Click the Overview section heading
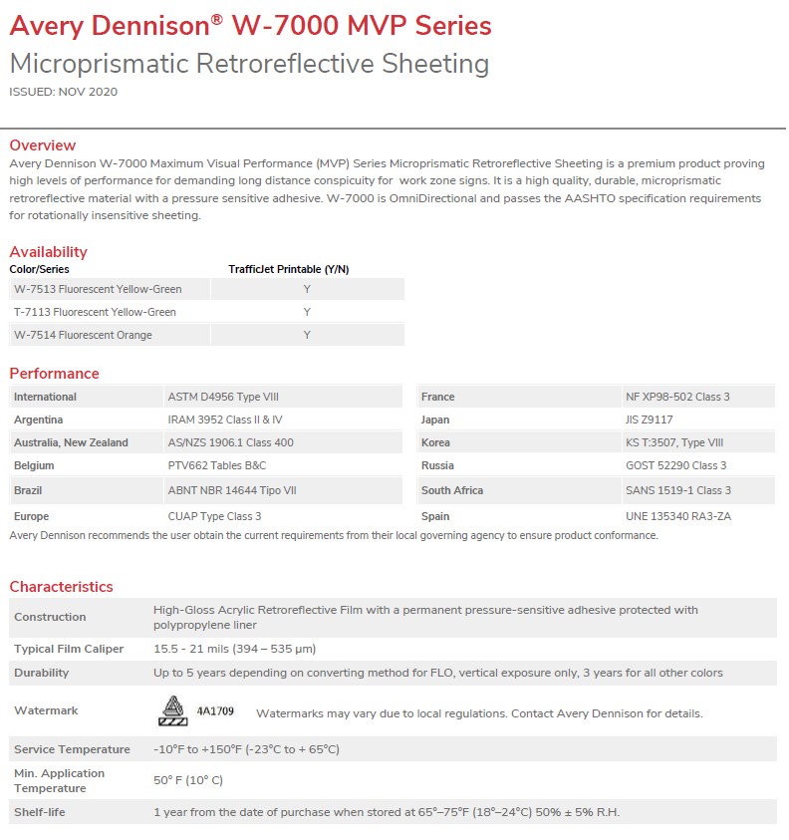(x=42, y=145)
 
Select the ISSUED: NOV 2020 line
(x=63, y=92)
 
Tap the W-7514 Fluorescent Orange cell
(x=83, y=335)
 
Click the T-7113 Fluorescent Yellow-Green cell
(x=95, y=312)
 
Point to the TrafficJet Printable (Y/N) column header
(x=289, y=269)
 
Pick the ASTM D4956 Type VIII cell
(x=223, y=397)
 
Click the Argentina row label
(x=38, y=420)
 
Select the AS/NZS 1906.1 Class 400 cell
(x=230, y=442)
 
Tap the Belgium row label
(x=34, y=465)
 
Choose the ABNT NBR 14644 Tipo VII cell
(x=232, y=490)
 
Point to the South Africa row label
(x=452, y=490)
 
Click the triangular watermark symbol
(x=173, y=709)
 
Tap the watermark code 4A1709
(x=215, y=711)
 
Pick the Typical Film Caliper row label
(x=69, y=649)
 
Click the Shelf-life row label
(x=40, y=812)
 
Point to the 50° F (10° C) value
(x=188, y=780)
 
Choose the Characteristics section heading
(x=61, y=587)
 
